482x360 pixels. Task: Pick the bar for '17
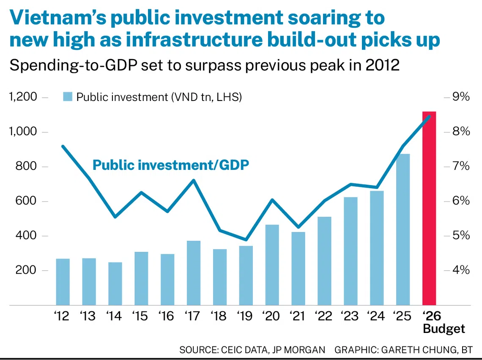(x=194, y=273)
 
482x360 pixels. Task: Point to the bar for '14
(x=115, y=284)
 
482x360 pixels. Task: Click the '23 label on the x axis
(x=351, y=316)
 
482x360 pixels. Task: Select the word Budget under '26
(x=444, y=329)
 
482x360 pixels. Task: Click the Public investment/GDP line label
(x=170, y=165)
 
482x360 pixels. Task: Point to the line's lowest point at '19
(x=246, y=240)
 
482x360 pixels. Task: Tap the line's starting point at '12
(x=63, y=147)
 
